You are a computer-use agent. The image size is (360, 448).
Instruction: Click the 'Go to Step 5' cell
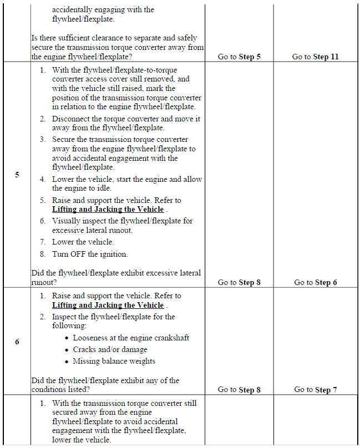point(239,57)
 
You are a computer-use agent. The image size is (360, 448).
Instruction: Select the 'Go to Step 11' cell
point(315,57)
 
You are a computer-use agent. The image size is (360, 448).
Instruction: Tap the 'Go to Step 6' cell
point(315,282)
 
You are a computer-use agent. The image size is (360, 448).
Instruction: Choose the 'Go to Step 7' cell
point(315,390)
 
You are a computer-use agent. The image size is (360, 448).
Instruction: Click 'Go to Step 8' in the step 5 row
point(239,282)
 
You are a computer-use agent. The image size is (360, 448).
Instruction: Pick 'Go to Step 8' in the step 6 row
point(239,390)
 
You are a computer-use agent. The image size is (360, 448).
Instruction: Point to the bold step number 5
point(17,175)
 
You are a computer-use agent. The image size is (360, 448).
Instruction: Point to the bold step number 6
point(17,342)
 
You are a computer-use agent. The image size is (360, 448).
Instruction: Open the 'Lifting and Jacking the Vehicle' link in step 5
point(108,209)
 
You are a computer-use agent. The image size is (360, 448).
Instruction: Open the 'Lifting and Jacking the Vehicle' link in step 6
point(108,305)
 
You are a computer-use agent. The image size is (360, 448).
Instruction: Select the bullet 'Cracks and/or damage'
point(110,349)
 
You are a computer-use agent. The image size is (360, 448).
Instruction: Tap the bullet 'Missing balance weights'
point(114,361)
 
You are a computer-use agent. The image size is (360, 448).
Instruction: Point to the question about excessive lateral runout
point(116,277)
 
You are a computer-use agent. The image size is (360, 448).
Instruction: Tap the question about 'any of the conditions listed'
point(105,385)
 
